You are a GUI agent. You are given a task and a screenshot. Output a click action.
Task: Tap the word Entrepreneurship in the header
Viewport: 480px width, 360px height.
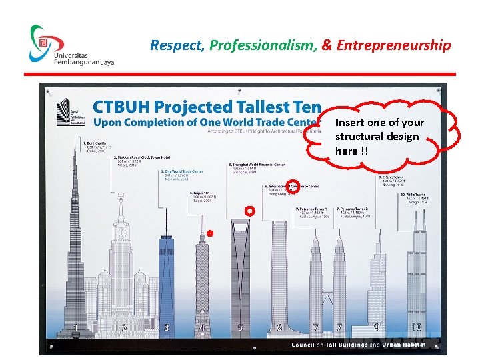pyautogui.click(x=393, y=45)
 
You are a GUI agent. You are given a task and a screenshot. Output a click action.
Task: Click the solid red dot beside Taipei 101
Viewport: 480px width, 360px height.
pyautogui.click(x=209, y=233)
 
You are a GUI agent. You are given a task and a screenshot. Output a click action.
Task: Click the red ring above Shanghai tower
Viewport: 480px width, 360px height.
pyautogui.click(x=250, y=211)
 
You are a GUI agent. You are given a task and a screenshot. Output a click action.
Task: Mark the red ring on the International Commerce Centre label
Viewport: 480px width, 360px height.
pyautogui.click(x=293, y=186)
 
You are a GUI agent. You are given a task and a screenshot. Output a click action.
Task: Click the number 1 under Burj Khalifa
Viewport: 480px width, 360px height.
pyautogui.click(x=76, y=327)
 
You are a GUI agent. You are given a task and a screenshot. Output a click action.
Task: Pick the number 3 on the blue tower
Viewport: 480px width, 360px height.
pyautogui.click(x=167, y=327)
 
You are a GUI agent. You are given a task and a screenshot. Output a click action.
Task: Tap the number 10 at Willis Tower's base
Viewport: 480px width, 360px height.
pyautogui.click(x=416, y=327)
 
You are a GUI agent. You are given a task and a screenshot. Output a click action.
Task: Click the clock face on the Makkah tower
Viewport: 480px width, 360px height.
pyautogui.click(x=121, y=233)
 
